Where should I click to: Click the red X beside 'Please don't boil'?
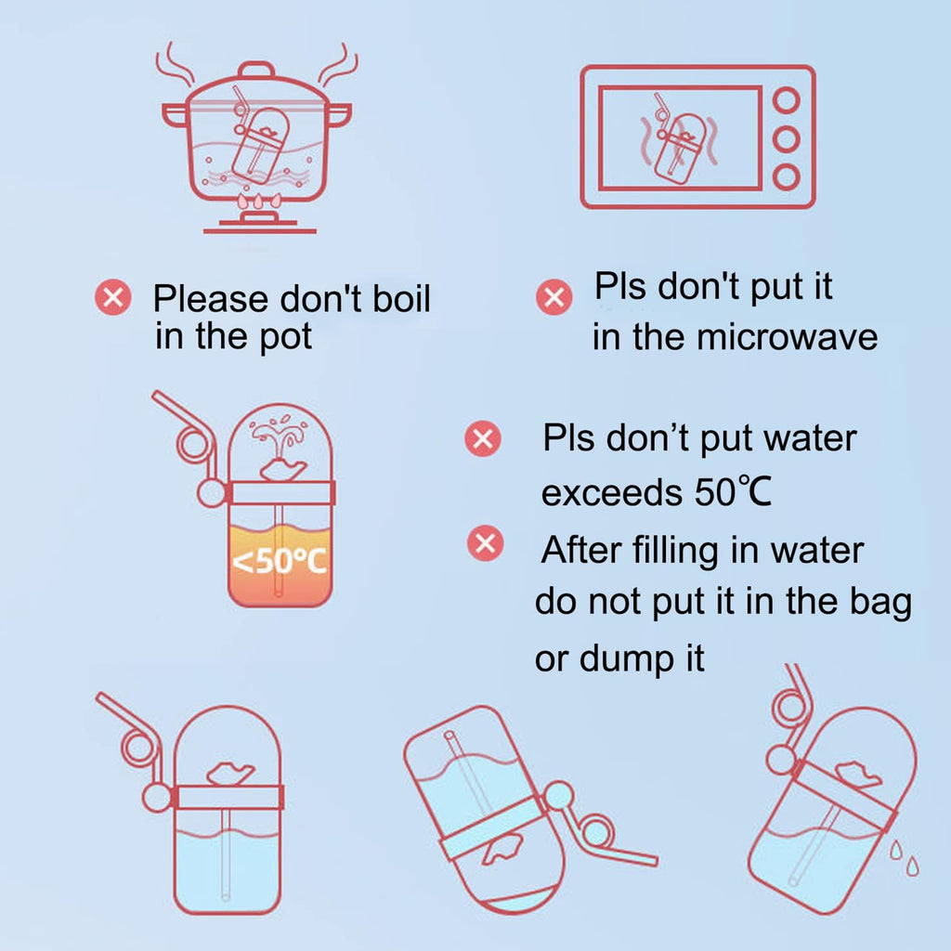(112, 297)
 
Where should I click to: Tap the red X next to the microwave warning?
(554, 297)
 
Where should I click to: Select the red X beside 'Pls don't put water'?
(483, 438)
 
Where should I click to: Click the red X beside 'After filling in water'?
(485, 542)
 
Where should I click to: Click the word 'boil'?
(401, 298)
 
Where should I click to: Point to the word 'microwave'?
(787, 337)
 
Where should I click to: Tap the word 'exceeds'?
(611, 492)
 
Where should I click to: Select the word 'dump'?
(627, 659)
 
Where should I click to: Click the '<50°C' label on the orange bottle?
(280, 562)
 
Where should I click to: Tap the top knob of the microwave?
(786, 100)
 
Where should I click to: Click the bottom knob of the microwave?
(786, 177)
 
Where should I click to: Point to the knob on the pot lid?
(256, 69)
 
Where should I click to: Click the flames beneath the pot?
(259, 202)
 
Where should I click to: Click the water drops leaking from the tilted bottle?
(904, 858)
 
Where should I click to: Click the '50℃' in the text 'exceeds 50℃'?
(733, 492)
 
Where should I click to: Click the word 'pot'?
(286, 337)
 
